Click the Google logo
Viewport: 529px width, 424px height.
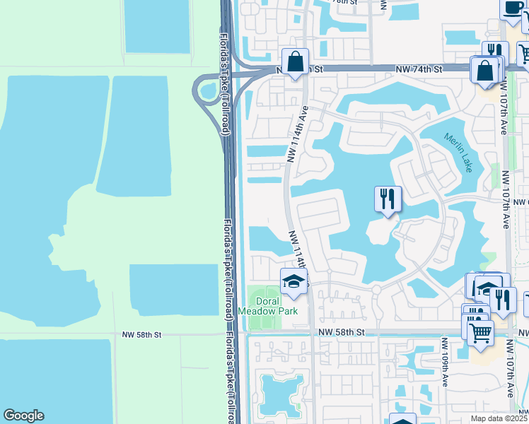click(x=23, y=416)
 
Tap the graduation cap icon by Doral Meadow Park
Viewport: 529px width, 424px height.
click(x=294, y=282)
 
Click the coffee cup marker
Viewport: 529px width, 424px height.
click(x=512, y=9)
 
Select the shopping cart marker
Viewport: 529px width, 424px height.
click(x=480, y=331)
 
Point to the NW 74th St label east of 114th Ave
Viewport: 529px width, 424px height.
click(x=418, y=69)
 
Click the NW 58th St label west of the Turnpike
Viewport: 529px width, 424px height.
click(x=142, y=334)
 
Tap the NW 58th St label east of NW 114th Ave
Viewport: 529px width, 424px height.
click(x=342, y=331)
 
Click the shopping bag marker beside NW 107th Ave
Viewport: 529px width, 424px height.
click(x=485, y=70)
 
